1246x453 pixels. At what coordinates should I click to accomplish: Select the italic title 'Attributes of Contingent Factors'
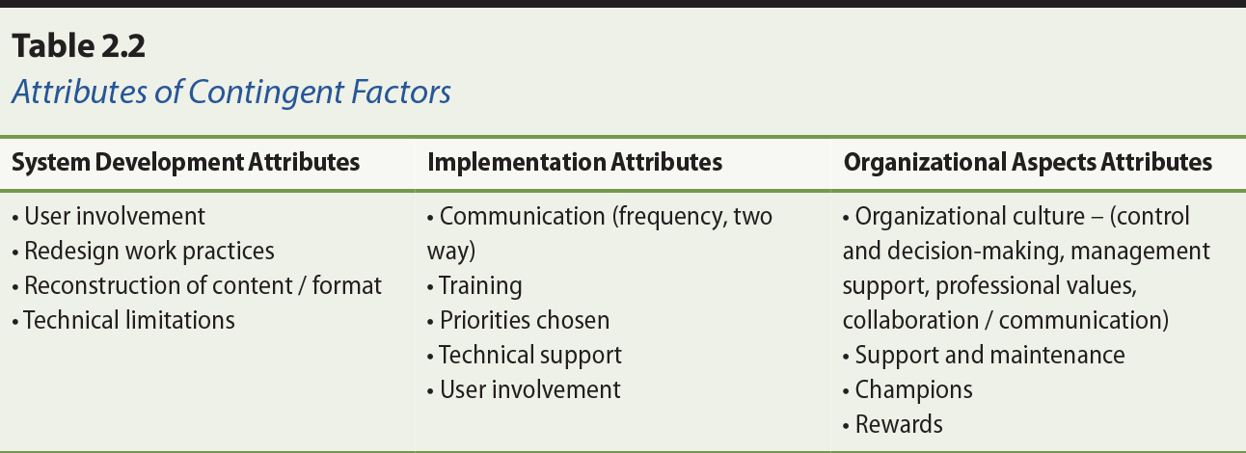pyautogui.click(x=231, y=92)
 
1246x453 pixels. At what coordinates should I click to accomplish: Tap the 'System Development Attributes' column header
pyautogui.click(x=185, y=163)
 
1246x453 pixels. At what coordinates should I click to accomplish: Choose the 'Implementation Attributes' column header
pyautogui.click(x=575, y=163)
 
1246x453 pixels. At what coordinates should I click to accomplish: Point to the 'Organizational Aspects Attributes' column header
pyautogui.click(x=1028, y=163)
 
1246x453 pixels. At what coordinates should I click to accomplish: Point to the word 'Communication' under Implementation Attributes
pyautogui.click(x=521, y=217)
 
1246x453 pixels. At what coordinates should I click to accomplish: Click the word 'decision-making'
pyautogui.click(x=964, y=252)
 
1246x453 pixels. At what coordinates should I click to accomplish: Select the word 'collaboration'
pyautogui.click(x=912, y=320)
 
